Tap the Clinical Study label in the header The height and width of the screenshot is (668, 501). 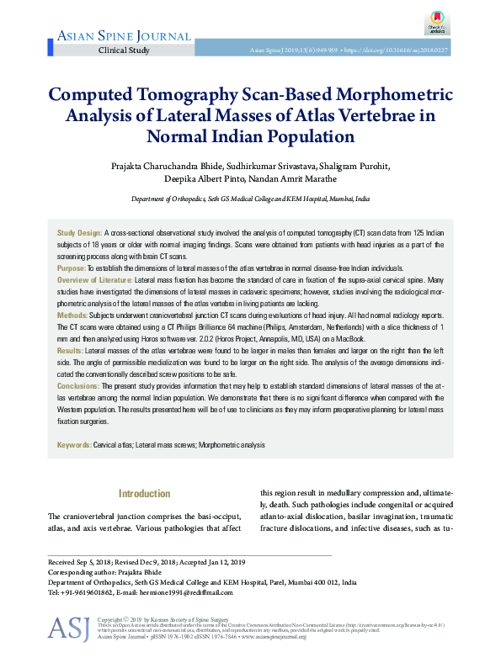(124, 50)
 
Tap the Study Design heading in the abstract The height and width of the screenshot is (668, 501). (79, 231)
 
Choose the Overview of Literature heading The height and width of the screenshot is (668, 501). (94, 278)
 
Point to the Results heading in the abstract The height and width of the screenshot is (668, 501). (70, 348)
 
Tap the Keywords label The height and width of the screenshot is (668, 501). (74, 444)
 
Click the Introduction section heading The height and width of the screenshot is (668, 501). (145, 494)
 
